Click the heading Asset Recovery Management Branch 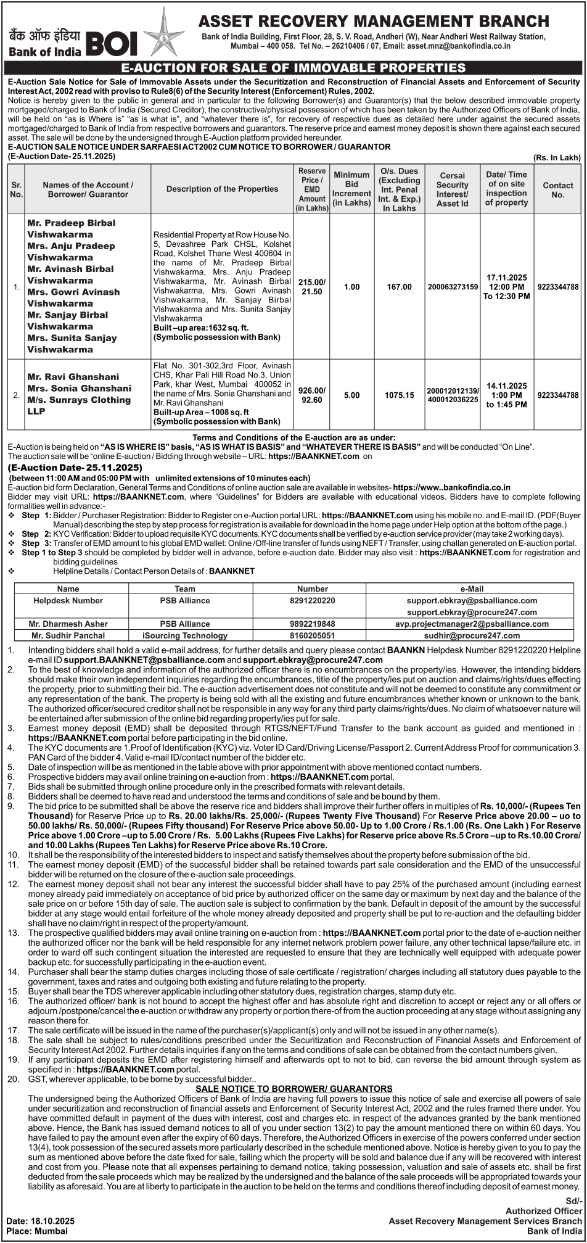point(374,22)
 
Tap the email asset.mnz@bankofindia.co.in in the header point(458,46)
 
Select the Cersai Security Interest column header point(452,189)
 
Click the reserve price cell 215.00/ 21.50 point(312,287)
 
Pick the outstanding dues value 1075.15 point(399,395)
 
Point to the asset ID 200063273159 point(453,287)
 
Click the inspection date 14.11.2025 point(506,386)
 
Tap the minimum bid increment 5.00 point(351,395)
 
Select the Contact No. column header point(557,189)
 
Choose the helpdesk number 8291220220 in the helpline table point(312,600)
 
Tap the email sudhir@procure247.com point(472,635)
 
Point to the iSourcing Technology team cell point(184,635)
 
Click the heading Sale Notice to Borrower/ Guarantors point(293,1089)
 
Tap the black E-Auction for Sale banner point(293,68)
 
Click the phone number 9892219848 point(312,624)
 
